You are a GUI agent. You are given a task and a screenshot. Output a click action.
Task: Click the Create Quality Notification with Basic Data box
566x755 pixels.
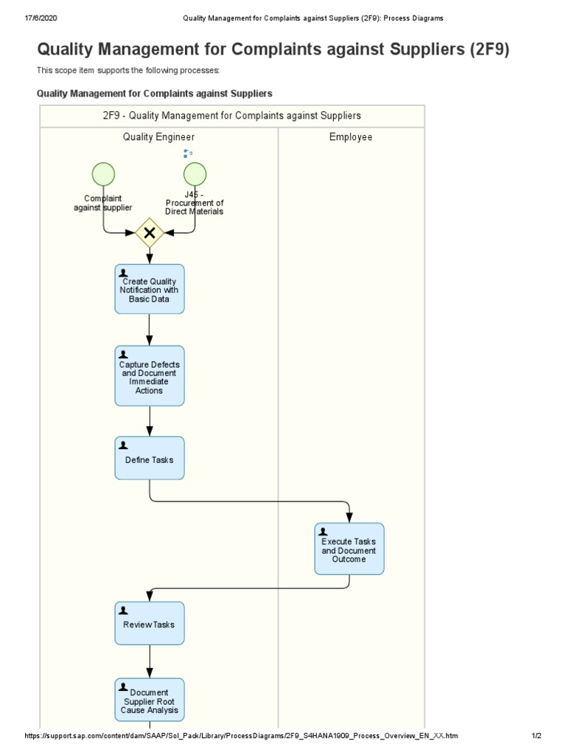click(150, 289)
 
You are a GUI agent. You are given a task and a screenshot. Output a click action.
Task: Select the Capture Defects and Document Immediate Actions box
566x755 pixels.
click(150, 375)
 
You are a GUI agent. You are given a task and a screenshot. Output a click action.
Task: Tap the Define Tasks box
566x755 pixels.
click(150, 459)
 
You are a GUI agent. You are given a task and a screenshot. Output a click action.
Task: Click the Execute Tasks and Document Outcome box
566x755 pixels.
click(349, 549)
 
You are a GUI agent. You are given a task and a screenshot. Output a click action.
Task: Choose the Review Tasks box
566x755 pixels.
click(150, 624)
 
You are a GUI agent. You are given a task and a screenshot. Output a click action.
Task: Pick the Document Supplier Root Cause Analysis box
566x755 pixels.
click(150, 700)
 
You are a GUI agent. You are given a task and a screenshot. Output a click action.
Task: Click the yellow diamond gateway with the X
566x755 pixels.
click(150, 232)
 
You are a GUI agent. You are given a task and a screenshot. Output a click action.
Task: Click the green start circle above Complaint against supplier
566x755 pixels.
click(103, 175)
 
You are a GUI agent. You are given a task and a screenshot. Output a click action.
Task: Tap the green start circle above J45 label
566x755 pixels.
click(195, 175)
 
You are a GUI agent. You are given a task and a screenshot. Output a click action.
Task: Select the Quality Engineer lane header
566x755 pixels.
click(158, 137)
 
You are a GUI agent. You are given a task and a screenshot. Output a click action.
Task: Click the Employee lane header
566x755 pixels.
click(351, 137)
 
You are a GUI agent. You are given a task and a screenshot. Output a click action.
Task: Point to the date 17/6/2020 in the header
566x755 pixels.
click(21, 17)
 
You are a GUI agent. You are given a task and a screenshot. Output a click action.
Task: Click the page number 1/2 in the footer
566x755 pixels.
click(536, 737)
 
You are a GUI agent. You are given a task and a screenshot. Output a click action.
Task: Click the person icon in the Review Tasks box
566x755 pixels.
click(124, 610)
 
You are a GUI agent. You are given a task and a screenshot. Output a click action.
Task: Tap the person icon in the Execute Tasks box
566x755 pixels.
click(323, 532)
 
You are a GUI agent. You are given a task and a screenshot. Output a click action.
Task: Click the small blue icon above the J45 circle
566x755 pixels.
click(187, 153)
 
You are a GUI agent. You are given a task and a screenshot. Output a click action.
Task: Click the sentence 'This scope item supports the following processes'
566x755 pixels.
click(128, 71)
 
